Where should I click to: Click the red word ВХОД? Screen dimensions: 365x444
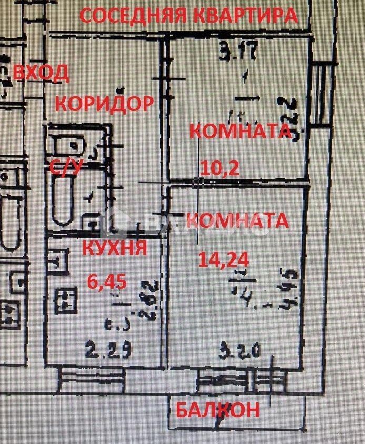pyautogui.click(x=40, y=73)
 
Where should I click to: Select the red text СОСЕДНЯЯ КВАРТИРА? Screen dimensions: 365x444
pyautogui.click(x=188, y=16)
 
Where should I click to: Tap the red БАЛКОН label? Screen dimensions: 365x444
pyautogui.click(x=217, y=409)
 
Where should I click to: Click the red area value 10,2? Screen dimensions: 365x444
pyautogui.click(x=220, y=167)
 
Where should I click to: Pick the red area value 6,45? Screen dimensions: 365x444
pyautogui.click(x=107, y=282)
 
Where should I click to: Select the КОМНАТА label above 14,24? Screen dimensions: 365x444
pyautogui.click(x=238, y=220)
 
